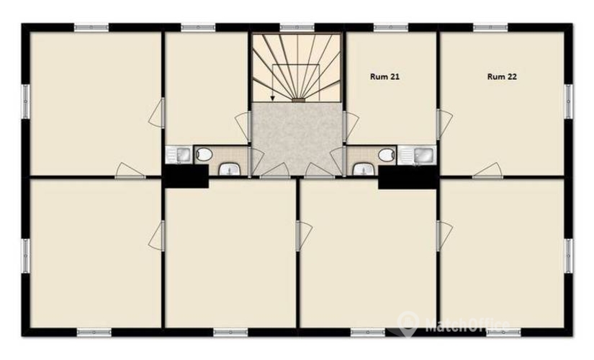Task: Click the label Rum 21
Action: pos(384,76)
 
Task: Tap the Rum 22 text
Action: pos(503,76)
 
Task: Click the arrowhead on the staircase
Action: pos(273,98)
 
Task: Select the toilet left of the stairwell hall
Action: pos(204,153)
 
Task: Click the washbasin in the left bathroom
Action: pos(229,170)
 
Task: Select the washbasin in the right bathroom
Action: pos(362,170)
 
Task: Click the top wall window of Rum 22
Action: pos(490,27)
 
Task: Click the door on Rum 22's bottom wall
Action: pos(488,170)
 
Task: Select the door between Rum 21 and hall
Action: pos(351,127)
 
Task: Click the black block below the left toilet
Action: pos(185,177)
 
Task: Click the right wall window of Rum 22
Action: pos(569,101)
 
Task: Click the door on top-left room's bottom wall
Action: pos(130,170)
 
